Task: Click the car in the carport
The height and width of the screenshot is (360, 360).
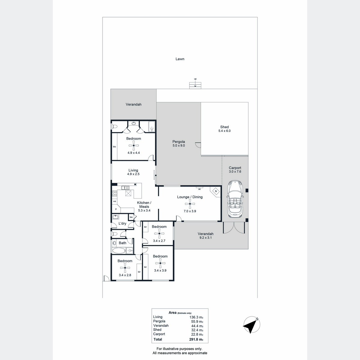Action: tap(235, 199)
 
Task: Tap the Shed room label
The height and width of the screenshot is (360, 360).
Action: tap(224, 127)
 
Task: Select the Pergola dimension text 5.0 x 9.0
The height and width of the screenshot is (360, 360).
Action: tap(179, 145)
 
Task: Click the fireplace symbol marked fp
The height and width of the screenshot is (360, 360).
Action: tap(216, 191)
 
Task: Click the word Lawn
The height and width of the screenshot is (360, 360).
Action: tap(180, 59)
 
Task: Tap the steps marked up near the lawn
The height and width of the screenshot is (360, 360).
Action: tap(195, 85)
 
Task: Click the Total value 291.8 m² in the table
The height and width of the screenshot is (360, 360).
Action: tap(196, 339)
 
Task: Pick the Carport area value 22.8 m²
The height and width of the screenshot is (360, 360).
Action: tap(197, 334)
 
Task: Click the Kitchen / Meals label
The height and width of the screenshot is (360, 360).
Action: tap(144, 205)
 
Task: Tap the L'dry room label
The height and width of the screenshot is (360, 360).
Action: tap(122, 223)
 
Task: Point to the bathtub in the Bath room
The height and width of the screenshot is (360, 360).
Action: tap(119, 250)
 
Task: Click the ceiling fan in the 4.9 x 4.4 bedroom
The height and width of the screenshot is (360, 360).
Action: tap(133, 145)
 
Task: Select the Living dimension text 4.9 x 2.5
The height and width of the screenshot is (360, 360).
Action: tap(133, 174)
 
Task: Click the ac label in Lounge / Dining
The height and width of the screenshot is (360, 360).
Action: tap(199, 189)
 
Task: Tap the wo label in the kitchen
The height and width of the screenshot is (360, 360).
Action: tap(115, 201)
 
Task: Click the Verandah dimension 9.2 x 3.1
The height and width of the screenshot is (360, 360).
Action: tap(205, 238)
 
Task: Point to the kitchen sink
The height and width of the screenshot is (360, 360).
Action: tap(124, 187)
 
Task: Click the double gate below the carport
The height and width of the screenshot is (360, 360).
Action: tap(234, 228)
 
